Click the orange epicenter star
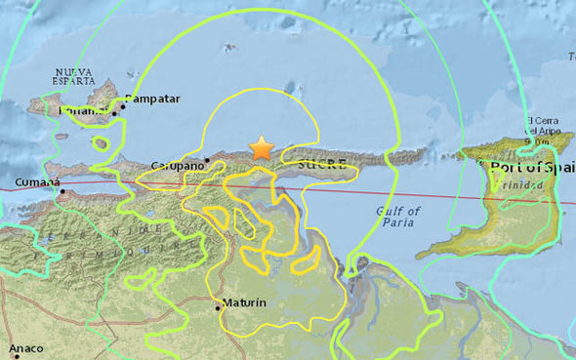(261, 147)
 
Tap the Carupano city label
(181, 166)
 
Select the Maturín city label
(244, 303)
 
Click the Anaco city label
(27, 348)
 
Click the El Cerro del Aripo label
(543, 130)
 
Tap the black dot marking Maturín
(217, 308)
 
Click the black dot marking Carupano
(208, 159)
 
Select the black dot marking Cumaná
(62, 191)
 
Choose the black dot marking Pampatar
(115, 113)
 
